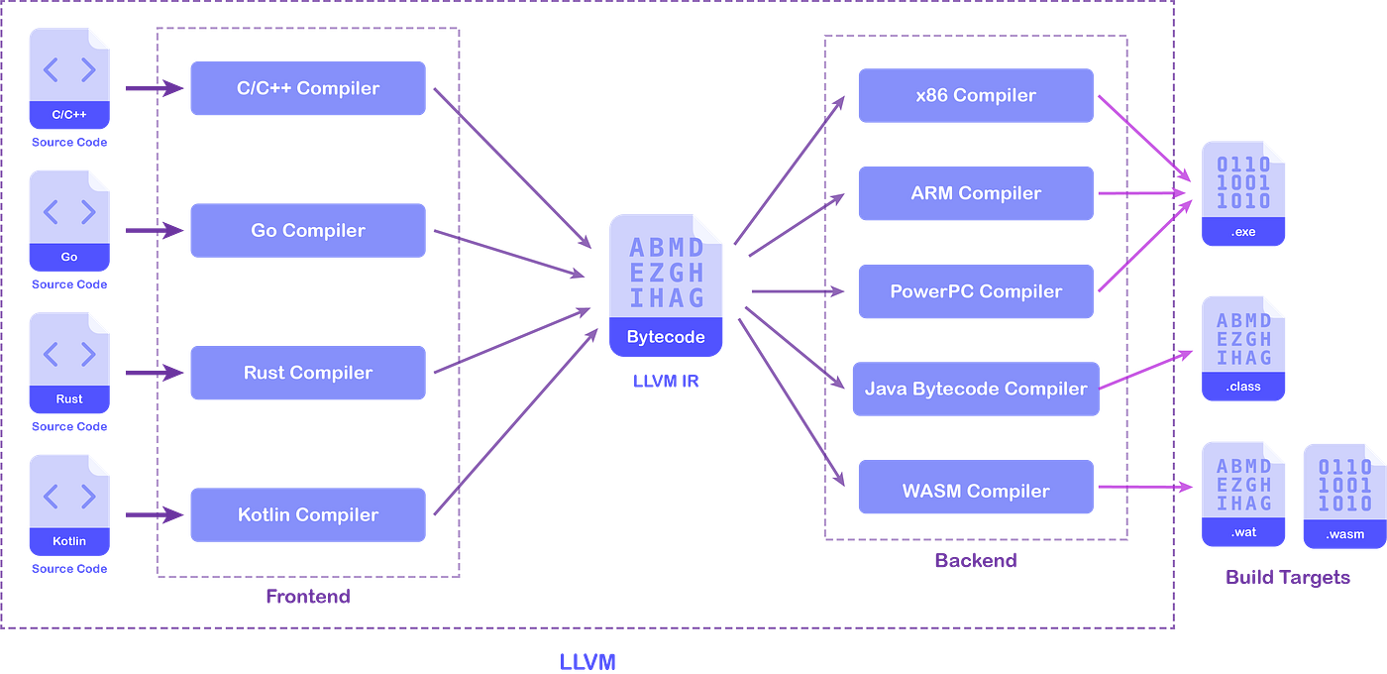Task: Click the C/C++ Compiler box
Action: click(308, 88)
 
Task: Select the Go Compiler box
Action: click(308, 230)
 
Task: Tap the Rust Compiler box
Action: click(308, 373)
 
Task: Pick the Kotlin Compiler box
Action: click(308, 514)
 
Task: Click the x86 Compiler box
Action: click(976, 95)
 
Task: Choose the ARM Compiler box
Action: click(976, 193)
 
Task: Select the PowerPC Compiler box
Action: click(976, 291)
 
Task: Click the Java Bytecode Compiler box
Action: click(976, 389)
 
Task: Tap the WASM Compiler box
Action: click(976, 487)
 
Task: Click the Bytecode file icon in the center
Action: click(666, 285)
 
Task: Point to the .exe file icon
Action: click(1243, 193)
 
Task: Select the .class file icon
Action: click(1243, 349)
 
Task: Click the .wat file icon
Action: click(1243, 495)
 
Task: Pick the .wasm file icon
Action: click(1345, 497)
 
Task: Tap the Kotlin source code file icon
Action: click(69, 505)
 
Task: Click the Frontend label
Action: click(308, 596)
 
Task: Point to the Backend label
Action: click(976, 560)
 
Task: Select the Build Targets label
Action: click(1288, 577)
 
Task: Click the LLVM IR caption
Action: click(666, 381)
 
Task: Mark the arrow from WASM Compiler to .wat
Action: click(1145, 487)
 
